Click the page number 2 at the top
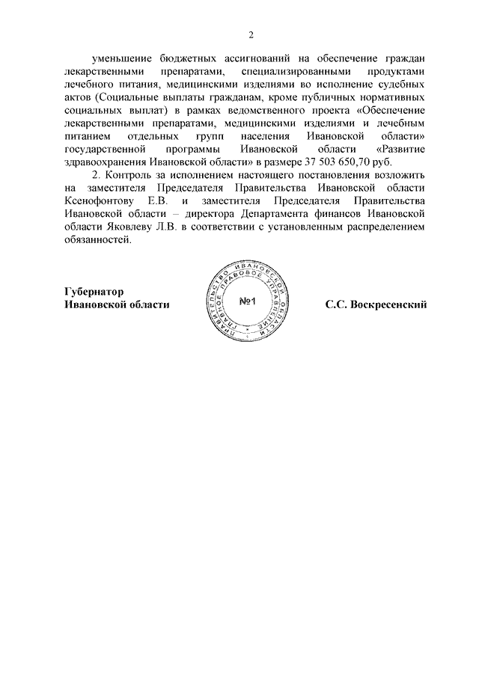pyautogui.click(x=251, y=34)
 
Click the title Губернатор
pyautogui.click(x=94, y=291)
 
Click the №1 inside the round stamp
pyautogui.click(x=248, y=301)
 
